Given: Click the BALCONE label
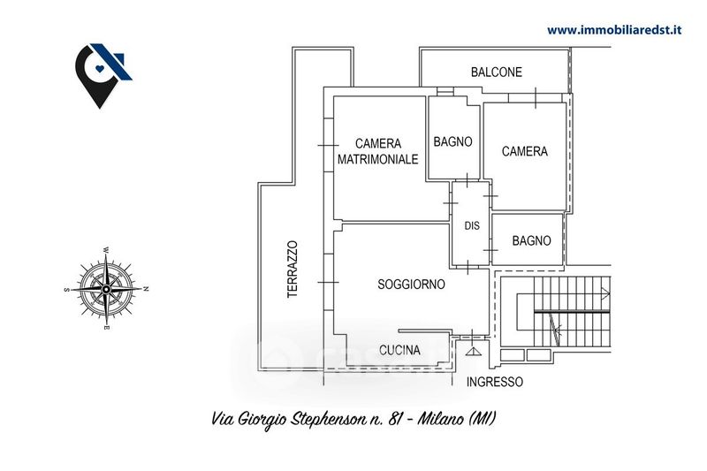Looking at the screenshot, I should (x=496, y=72).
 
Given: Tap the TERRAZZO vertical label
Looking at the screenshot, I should (x=293, y=269).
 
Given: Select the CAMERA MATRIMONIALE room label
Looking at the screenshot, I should (x=378, y=151).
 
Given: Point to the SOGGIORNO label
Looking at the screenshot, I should (x=411, y=285).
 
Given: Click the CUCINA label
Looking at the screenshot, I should (x=399, y=350).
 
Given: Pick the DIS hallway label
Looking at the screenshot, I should (x=472, y=225).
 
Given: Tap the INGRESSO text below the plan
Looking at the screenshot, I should (x=494, y=383).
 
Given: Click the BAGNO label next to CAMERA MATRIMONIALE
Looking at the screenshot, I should (x=452, y=141).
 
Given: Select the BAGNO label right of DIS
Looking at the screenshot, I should (x=531, y=240).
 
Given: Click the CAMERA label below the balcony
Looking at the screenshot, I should (x=524, y=151).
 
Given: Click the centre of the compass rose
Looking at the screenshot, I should (x=106, y=289).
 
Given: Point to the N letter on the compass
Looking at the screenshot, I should (x=147, y=289).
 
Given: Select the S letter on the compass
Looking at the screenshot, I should (x=66, y=289).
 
